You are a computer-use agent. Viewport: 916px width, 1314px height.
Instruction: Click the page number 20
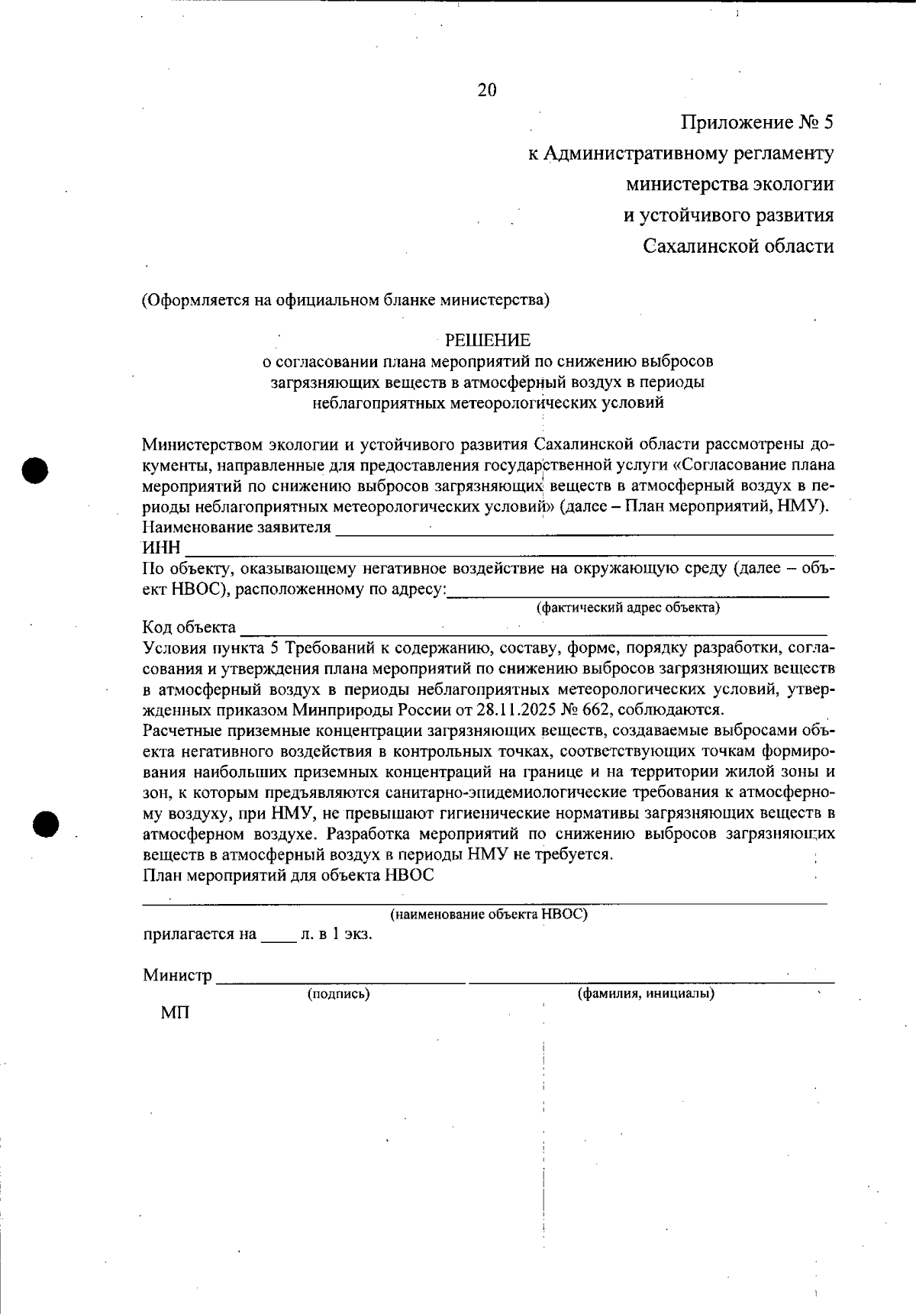pos(487,90)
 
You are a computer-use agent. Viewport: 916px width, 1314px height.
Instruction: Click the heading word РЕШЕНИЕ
pos(488,340)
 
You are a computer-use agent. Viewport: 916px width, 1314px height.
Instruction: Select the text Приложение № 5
pos(756,122)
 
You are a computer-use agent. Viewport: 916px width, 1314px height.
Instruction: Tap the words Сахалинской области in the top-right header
pos(738,246)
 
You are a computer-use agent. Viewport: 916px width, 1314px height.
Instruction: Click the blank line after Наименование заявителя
pos(584,528)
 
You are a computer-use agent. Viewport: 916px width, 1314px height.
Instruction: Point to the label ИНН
pos(161,548)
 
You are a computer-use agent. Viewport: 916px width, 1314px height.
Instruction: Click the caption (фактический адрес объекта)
pos(628,608)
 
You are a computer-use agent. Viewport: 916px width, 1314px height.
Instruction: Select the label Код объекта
pos(189,628)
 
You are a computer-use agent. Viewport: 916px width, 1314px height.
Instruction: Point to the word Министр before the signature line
pos(177,975)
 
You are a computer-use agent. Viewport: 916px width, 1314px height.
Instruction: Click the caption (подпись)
pos(338,994)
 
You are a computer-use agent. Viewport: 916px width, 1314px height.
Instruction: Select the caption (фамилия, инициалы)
pos(646,994)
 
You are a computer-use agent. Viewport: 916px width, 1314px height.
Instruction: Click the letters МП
pos(175,1014)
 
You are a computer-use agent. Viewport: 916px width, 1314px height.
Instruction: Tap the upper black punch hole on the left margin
pos(35,470)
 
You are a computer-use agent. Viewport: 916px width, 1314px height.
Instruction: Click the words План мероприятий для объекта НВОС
pos(289,875)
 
